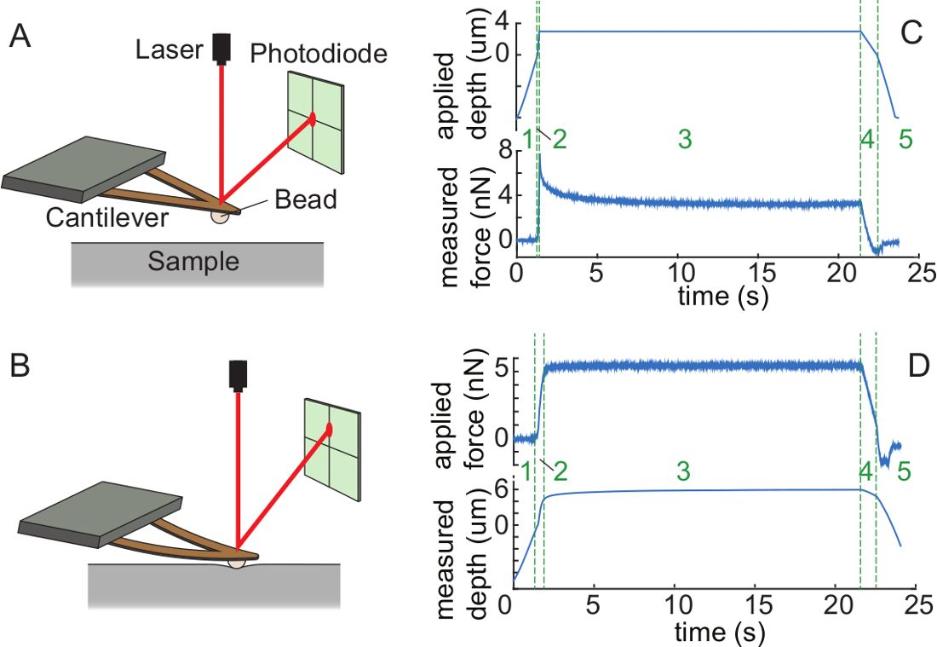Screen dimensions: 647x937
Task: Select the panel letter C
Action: pyautogui.click(x=911, y=35)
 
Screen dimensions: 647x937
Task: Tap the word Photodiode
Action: pyautogui.click(x=319, y=55)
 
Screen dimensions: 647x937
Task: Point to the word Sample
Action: pyautogui.click(x=193, y=262)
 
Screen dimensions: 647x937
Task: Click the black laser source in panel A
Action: pyautogui.click(x=223, y=48)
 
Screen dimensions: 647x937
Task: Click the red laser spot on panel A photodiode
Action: pyautogui.click(x=313, y=119)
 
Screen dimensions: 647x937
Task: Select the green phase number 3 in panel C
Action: pyautogui.click(x=684, y=141)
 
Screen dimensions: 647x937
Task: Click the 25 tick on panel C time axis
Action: pyautogui.click(x=916, y=274)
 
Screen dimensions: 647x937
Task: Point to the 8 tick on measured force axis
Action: pyautogui.click(x=503, y=151)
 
